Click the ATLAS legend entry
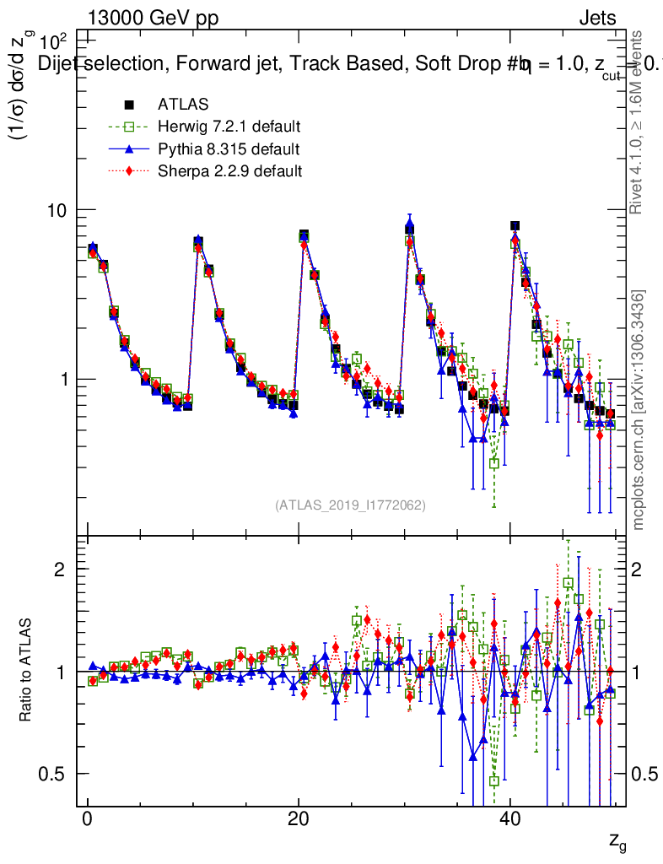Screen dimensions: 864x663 tap(176, 105)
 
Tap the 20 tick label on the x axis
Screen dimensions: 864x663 tap(298, 820)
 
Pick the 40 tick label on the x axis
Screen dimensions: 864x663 tap(509, 820)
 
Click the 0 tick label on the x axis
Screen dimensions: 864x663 tap(87, 820)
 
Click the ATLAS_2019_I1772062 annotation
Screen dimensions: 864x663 tap(350, 505)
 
